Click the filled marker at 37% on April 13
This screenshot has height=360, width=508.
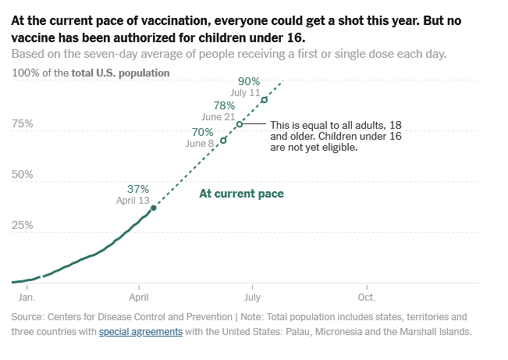pyautogui.click(x=153, y=208)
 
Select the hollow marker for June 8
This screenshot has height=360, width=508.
pyautogui.click(x=223, y=141)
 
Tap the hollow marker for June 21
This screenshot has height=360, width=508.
pyautogui.click(x=240, y=124)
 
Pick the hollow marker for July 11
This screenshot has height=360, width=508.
pyautogui.click(x=265, y=99)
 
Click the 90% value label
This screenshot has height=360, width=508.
pyautogui.click(x=249, y=81)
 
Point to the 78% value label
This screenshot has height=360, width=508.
pyautogui.click(x=224, y=105)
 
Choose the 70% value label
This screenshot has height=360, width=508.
pyautogui.click(x=202, y=132)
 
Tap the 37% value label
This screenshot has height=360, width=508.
pyautogui.click(x=138, y=189)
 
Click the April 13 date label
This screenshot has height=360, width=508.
pyautogui.click(x=133, y=201)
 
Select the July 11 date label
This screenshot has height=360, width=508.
pyautogui.click(x=245, y=92)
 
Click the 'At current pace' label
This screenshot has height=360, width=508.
pyautogui.click(x=241, y=194)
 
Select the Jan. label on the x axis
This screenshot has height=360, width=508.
pyautogui.click(x=27, y=298)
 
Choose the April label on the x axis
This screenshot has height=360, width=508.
pyautogui.click(x=139, y=298)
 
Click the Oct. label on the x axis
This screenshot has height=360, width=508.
pyautogui.click(x=366, y=298)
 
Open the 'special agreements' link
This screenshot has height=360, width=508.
pyautogui.click(x=140, y=331)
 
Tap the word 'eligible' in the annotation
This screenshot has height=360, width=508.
pyautogui.click(x=338, y=148)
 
